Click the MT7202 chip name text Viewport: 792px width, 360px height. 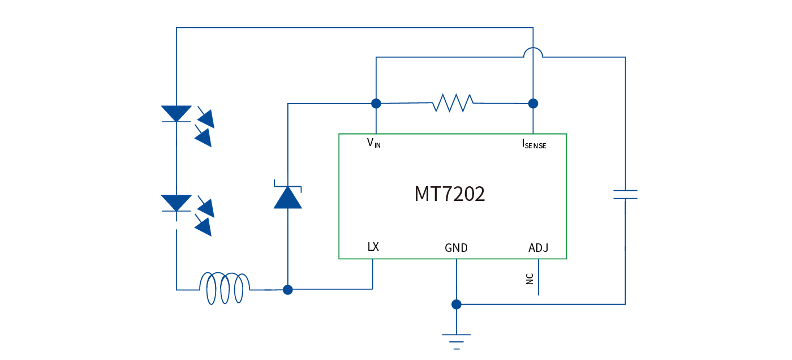(x=450, y=194)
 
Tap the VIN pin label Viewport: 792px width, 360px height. (x=374, y=143)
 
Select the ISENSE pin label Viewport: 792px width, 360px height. (x=533, y=144)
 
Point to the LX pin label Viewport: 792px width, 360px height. (x=373, y=247)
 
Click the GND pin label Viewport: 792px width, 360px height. (x=456, y=248)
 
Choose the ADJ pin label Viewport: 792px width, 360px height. (x=538, y=248)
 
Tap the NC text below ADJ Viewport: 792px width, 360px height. (x=530, y=278)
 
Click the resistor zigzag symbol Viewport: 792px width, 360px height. (x=453, y=103)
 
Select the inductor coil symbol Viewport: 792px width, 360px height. (x=225, y=289)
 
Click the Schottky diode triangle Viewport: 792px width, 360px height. (x=287, y=198)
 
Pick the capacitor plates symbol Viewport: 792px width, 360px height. (x=625, y=195)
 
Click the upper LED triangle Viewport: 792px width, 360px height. (x=177, y=113)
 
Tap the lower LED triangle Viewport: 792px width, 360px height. (x=177, y=203)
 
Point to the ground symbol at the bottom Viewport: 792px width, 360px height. (x=456, y=341)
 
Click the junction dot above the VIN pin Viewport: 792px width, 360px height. (x=376, y=103)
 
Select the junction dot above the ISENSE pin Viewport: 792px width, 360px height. (x=532, y=103)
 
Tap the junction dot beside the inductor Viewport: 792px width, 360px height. (x=287, y=290)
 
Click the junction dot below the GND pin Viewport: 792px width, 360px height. (x=456, y=305)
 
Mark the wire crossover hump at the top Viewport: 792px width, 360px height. (x=533, y=52)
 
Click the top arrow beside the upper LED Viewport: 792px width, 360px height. (x=206, y=118)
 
